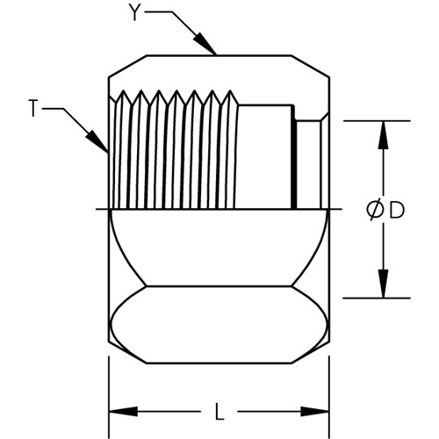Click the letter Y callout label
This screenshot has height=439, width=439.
tap(134, 12)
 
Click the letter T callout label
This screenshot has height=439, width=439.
tap(33, 108)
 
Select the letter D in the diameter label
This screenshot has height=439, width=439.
tap(397, 210)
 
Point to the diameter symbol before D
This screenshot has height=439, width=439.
tap(375, 210)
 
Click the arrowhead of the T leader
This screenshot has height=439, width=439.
tap(97, 141)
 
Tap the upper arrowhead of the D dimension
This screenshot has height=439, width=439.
tap(383, 135)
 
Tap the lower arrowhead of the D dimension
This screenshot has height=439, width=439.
tap(383, 284)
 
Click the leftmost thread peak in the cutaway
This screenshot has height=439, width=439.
tap(123, 90)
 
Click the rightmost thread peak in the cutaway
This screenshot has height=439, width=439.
tap(230, 90)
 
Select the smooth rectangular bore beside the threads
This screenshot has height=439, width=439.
tap(265, 156)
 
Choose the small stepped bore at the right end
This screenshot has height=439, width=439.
tap(309, 164)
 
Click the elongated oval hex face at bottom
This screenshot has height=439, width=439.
tap(219, 325)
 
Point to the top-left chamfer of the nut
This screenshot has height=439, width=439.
tap(127, 66)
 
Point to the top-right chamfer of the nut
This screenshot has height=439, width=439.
tap(311, 66)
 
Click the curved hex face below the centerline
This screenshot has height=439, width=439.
tap(219, 248)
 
